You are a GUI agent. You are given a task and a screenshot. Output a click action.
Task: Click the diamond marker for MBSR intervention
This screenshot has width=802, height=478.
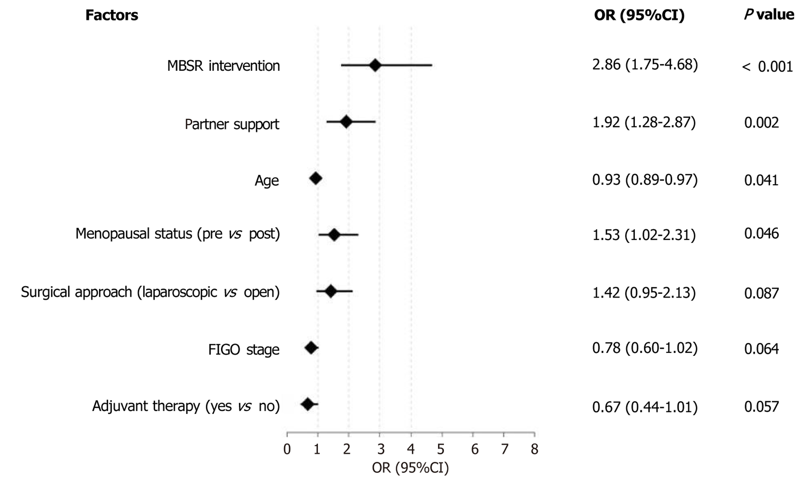375,65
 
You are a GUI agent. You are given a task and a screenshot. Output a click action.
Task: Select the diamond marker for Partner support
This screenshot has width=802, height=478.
346,122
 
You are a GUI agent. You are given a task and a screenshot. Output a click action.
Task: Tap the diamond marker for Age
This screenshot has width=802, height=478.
316,178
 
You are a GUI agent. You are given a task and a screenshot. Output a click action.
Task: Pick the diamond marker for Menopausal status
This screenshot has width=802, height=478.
334,235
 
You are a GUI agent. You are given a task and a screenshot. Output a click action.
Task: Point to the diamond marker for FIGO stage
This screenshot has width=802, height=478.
311,348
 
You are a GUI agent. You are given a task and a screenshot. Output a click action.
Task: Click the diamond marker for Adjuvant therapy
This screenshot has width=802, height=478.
307,404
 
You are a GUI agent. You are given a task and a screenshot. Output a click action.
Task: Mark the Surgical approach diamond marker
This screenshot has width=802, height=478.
331,291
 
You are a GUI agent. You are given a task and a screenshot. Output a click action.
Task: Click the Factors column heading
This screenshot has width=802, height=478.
112,15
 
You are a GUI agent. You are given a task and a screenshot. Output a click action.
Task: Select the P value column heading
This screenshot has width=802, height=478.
769,14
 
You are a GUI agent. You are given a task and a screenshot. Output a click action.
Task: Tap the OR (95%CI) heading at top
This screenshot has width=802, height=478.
639,15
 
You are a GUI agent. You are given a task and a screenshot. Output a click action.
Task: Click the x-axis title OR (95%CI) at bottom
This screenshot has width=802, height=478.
410,468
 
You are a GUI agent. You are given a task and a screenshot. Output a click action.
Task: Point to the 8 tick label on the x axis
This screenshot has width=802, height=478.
534,449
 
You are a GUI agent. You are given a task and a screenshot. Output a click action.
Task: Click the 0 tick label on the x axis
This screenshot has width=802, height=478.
287,449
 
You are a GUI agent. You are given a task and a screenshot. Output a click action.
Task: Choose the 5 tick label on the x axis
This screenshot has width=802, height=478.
441,449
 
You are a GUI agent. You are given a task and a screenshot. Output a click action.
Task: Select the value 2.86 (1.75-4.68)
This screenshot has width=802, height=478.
645,65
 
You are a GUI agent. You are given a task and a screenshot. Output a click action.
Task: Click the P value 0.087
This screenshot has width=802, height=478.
761,293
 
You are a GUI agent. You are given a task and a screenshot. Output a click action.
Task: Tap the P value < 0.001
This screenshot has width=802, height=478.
767,67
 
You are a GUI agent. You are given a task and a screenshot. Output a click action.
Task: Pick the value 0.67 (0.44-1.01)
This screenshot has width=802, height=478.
645,407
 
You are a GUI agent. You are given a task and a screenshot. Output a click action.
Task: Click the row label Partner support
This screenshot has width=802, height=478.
232,124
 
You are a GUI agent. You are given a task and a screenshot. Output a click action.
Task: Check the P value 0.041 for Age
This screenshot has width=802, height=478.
761,180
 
